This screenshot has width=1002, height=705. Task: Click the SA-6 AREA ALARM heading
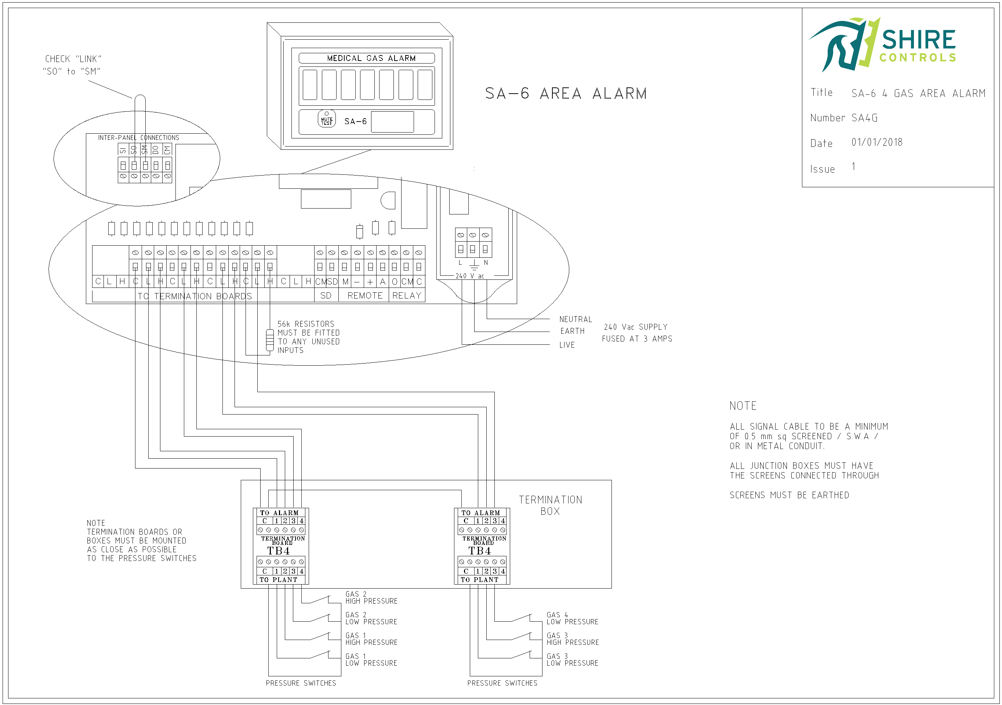566,93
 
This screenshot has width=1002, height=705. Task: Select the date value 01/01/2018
877,142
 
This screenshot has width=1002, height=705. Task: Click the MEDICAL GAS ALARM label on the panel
371,58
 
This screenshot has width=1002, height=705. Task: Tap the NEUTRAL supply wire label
576,319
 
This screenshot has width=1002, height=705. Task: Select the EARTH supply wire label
572,331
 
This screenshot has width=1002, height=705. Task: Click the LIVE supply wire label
567,345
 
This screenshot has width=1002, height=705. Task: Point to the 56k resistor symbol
270,340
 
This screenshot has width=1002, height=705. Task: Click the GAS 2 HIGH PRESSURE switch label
371,598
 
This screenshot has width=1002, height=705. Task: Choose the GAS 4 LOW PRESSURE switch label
572,618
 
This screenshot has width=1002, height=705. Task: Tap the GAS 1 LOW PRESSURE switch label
371,659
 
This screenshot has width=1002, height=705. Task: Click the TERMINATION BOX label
550,505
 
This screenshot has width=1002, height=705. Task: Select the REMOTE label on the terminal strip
365,296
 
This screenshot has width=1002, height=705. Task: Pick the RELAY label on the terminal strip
407,296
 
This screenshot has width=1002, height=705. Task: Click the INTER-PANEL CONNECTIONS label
138,137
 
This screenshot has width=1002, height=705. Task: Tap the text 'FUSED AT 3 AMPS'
637,339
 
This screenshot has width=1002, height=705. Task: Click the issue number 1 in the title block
853,166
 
